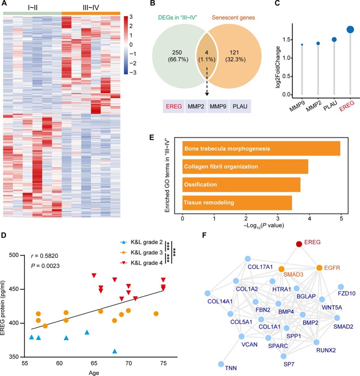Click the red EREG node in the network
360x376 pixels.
pyautogui.click(x=299, y=244)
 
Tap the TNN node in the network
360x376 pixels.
pyautogui.click(x=221, y=364)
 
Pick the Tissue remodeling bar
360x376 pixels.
pyautogui.click(x=237, y=203)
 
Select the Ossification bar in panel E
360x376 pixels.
pyautogui.click(x=241, y=184)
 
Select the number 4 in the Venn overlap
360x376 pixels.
pyautogui.click(x=206, y=53)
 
